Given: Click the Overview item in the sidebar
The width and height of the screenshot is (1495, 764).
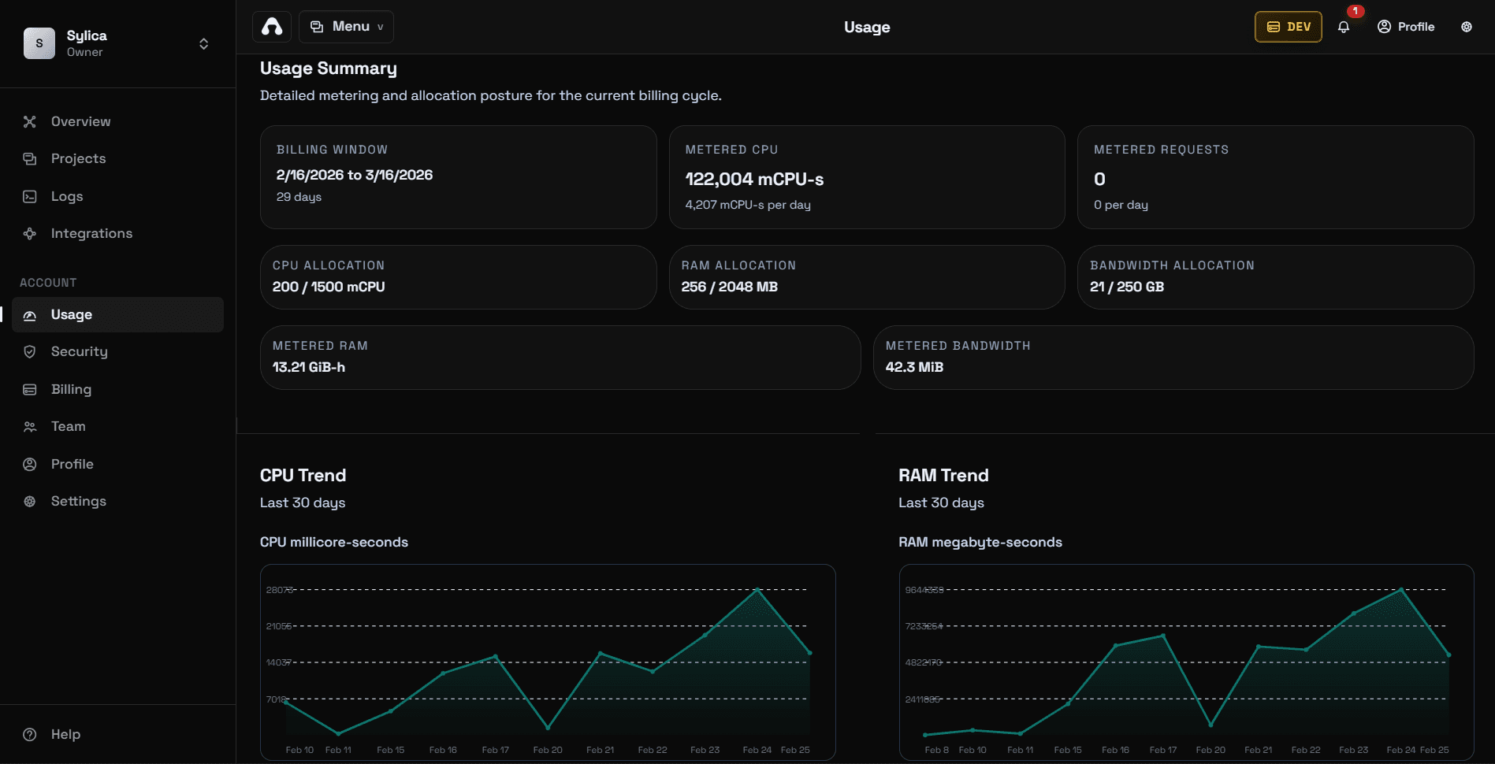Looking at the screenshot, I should (x=80, y=121).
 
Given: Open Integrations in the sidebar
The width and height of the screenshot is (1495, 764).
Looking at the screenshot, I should (x=91, y=233).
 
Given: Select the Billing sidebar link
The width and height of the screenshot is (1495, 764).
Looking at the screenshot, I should (x=71, y=389).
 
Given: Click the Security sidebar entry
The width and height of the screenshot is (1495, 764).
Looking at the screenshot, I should (x=79, y=351).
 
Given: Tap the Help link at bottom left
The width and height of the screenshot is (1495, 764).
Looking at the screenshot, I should (x=65, y=734).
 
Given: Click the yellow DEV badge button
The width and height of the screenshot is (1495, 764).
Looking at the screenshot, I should (x=1288, y=27).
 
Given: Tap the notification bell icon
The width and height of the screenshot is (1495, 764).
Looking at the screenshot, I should (x=1344, y=27).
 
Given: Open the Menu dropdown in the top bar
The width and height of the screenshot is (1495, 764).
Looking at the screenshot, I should (x=347, y=27).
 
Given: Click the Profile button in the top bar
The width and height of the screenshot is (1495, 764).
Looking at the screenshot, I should (x=1406, y=27).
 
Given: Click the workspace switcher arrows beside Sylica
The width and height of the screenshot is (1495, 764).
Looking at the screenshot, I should (x=203, y=43).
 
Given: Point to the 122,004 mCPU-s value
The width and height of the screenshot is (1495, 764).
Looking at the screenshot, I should (x=754, y=180).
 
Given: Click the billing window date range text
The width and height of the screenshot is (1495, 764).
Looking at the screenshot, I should (x=354, y=175).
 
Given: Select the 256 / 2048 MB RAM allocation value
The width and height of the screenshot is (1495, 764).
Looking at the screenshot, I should (x=729, y=287).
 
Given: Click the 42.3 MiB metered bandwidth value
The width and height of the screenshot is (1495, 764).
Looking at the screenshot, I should (x=914, y=367).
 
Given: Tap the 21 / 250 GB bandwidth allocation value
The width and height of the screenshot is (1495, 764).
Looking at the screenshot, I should (x=1126, y=287).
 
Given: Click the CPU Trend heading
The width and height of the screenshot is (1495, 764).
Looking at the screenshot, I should (x=303, y=475).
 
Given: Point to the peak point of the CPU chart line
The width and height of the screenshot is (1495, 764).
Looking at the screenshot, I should (x=757, y=589).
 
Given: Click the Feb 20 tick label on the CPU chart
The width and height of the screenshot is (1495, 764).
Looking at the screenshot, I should (x=548, y=750).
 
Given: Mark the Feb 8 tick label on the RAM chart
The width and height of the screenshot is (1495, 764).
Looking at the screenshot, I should (x=936, y=750).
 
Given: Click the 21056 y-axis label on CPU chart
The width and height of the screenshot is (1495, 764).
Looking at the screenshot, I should (x=278, y=626).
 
